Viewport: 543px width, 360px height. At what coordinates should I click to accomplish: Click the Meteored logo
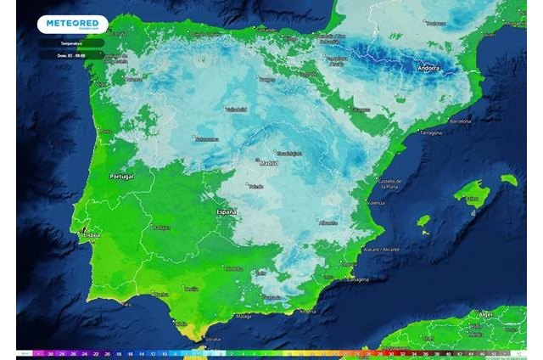(73, 25)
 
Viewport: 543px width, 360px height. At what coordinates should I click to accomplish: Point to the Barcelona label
(459, 121)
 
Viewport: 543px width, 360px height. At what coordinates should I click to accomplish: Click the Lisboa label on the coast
(89, 234)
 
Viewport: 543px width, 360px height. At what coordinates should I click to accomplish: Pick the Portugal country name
(123, 177)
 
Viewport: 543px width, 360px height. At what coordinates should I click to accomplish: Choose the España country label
(226, 211)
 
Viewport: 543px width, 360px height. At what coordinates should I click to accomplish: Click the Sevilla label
(191, 289)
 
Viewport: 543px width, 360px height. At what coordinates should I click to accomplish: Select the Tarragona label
(431, 133)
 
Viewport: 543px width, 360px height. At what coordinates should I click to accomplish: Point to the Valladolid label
(235, 110)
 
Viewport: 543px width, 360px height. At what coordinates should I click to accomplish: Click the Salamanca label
(206, 138)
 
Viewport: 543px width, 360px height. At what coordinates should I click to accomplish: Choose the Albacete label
(328, 222)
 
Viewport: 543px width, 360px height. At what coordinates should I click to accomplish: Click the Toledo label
(255, 186)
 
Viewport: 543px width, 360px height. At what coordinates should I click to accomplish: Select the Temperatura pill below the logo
(72, 42)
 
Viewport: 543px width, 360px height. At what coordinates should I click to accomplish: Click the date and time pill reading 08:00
(72, 54)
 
